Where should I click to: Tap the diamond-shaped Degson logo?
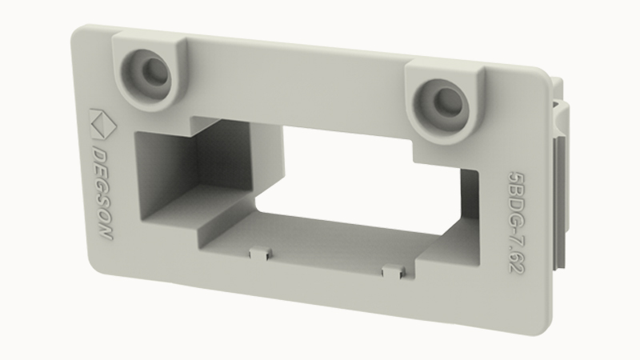[102, 125]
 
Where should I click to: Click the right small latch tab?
[394, 271]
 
